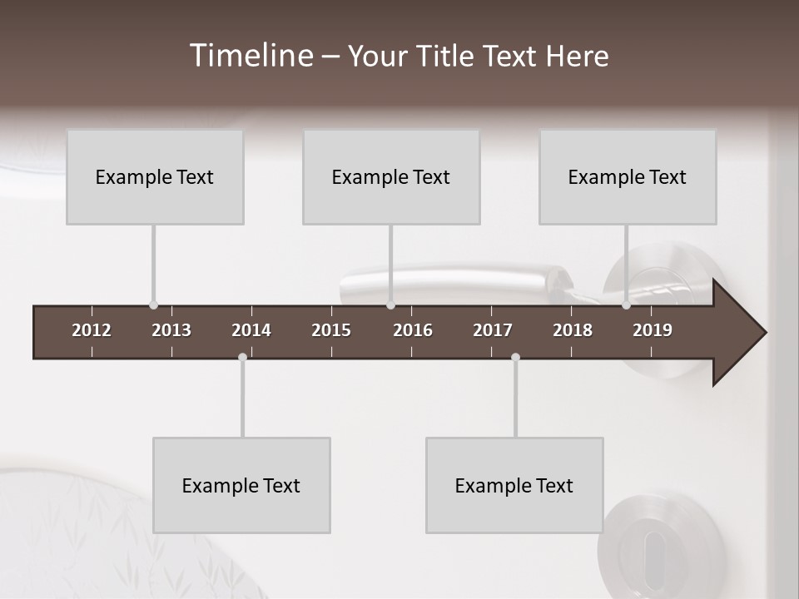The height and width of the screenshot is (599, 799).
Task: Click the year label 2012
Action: pos(92,330)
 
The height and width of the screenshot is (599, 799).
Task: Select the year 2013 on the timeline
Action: pos(171,330)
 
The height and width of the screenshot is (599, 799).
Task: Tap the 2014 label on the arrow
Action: pos(251,330)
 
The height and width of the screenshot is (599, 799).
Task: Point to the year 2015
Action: pos(331,330)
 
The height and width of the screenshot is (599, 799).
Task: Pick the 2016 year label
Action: pos(413,330)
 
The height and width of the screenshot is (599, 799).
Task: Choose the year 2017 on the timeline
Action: pos(493,330)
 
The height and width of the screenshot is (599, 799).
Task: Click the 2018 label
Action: pos(573,330)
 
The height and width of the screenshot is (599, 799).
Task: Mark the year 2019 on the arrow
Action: pos(653,330)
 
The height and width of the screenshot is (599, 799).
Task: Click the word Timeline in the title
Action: pos(251,56)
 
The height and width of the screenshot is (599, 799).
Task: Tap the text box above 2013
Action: pos(155,176)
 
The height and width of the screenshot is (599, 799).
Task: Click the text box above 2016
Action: pos(391,176)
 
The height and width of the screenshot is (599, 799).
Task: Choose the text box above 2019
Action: pos(628,176)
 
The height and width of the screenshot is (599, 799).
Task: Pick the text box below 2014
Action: pos(241,485)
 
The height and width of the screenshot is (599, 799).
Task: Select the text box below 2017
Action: pos(514,485)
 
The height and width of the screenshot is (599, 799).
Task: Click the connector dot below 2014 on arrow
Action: pos(242,357)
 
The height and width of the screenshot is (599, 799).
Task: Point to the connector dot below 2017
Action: pos(515,357)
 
